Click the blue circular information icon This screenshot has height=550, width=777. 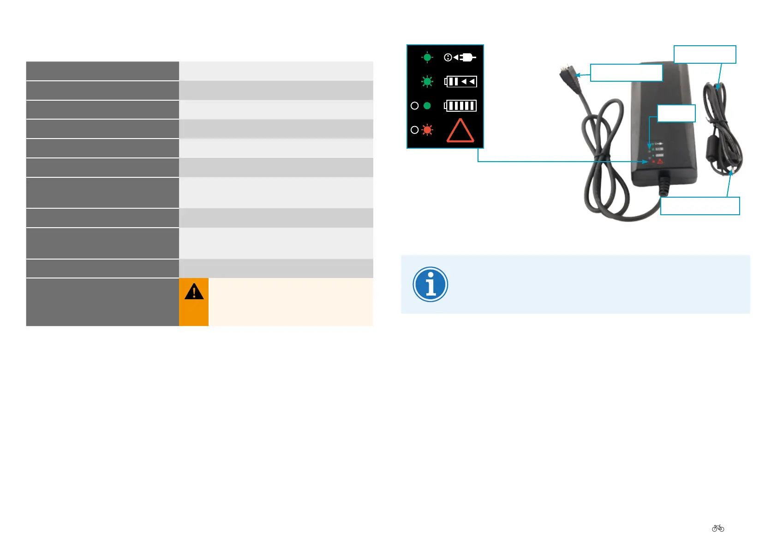pos(430,284)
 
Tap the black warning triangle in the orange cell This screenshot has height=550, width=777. pos(194,292)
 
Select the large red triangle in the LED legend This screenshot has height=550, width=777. pos(460,131)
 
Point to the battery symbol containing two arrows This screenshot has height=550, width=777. pos(460,82)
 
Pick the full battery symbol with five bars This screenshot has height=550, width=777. pos(460,106)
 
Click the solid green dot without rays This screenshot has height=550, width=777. pos(427,106)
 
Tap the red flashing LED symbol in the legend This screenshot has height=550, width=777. pos(427,130)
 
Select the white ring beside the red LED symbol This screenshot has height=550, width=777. pos(414,130)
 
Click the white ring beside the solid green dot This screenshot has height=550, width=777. pos(414,106)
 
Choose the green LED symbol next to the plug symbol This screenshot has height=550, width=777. pos(427,57)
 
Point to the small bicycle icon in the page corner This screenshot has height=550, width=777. pos(718,528)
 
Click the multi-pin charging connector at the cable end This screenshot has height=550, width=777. pos(566,74)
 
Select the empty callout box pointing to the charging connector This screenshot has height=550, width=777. pos(626,73)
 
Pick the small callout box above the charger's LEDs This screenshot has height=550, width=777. pos(676,113)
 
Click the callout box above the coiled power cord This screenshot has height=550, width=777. pos(705,54)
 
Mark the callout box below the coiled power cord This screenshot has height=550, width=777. pos(699,206)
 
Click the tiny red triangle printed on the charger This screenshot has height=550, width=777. pos(660,161)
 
